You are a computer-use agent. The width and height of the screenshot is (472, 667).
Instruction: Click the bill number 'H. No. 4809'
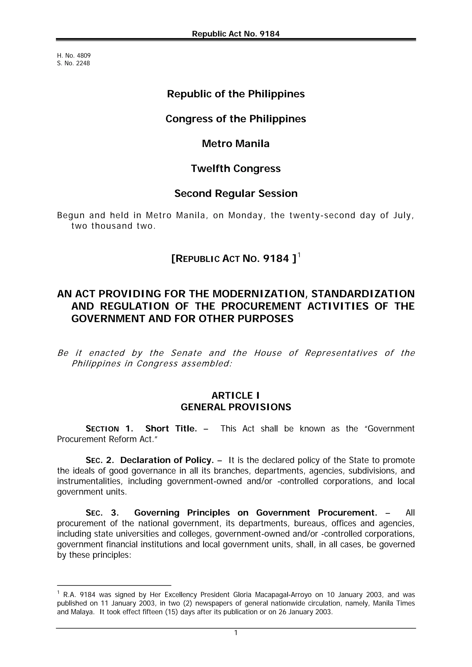click(x=74, y=56)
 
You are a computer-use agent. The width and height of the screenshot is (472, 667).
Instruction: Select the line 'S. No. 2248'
click(x=74, y=63)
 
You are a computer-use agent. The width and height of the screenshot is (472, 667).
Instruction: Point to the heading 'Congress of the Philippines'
click(x=236, y=119)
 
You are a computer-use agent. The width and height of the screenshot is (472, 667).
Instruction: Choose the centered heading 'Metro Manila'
click(x=236, y=144)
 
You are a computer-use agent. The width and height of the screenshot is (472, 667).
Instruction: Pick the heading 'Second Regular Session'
click(x=236, y=194)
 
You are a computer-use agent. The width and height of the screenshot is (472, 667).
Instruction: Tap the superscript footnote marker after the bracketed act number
click(x=299, y=255)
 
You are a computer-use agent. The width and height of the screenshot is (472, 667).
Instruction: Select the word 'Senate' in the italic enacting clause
click(x=186, y=353)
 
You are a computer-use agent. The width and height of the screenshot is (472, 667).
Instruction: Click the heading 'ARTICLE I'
click(x=236, y=395)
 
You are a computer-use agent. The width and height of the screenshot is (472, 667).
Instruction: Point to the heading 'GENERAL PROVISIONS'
click(x=236, y=407)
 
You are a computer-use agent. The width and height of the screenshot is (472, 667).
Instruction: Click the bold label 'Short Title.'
click(x=171, y=429)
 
